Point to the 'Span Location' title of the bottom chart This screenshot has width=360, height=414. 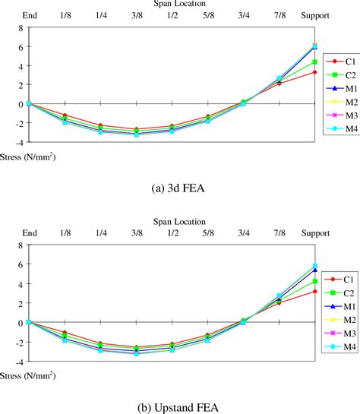(x=179, y=222)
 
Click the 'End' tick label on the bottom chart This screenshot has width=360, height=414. (x=29, y=233)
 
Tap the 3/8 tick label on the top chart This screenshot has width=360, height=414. (x=137, y=16)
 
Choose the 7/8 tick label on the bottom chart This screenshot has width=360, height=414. (x=279, y=233)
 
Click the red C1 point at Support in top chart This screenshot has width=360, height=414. (x=314, y=72)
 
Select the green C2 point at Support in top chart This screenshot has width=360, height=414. (x=314, y=62)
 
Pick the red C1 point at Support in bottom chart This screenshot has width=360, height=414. (x=314, y=291)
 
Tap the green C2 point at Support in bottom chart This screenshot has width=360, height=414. (x=314, y=281)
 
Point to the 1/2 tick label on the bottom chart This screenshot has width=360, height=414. (x=172, y=233)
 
